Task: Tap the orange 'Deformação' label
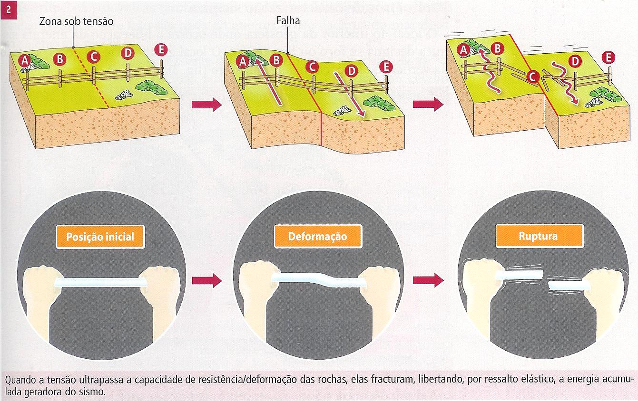click(x=317, y=236)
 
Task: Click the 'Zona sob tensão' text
click(x=77, y=21)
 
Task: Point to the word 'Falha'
click(x=288, y=21)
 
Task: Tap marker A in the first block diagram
click(x=25, y=60)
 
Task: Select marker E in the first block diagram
click(x=161, y=49)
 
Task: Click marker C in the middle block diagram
click(x=312, y=67)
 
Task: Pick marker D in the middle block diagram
click(x=351, y=71)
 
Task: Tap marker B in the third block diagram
click(x=497, y=48)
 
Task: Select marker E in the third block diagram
click(x=608, y=57)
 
